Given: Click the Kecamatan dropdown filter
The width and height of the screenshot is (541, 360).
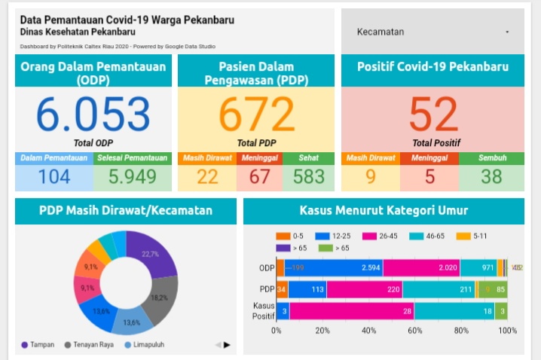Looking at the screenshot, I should (x=432, y=32).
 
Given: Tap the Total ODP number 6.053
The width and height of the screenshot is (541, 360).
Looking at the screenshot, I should (x=93, y=114).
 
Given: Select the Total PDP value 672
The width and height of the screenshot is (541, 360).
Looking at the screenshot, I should (x=256, y=114).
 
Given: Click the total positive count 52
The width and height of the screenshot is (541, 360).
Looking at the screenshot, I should (x=433, y=114).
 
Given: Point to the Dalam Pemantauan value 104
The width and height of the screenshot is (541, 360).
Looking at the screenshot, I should (x=54, y=177).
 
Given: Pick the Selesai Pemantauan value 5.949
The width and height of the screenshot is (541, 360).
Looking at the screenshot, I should (x=132, y=177).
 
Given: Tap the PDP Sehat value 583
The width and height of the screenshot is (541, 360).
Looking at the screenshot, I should (x=309, y=177).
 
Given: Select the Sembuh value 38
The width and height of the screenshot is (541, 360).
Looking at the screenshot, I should (x=492, y=177).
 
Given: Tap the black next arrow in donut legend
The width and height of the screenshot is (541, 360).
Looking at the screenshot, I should (x=227, y=345).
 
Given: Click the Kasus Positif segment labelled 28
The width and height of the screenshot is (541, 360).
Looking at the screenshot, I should (x=351, y=311).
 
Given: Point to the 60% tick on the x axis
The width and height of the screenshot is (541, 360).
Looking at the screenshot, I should (x=415, y=330).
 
